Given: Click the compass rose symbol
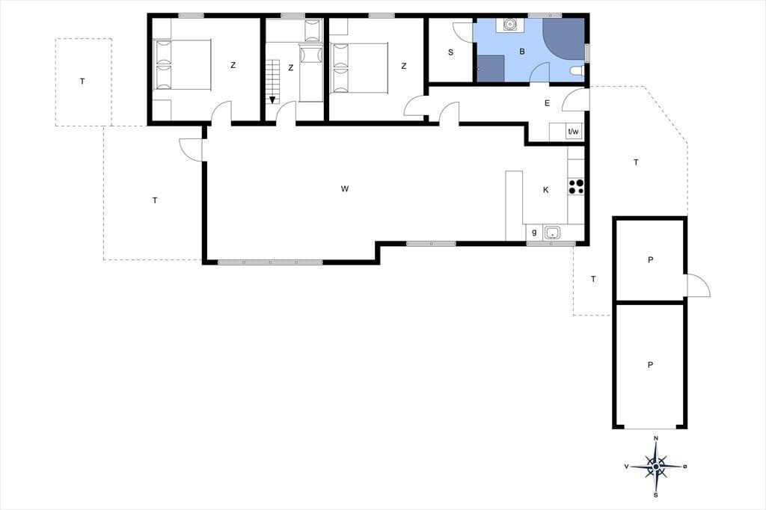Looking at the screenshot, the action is pos(656,467).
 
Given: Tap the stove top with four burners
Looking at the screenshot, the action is pos(576,186).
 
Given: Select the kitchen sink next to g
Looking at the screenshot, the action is pos(552,233).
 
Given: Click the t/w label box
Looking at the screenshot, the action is pos(573,132).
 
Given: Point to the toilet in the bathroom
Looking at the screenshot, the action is pos(577,71).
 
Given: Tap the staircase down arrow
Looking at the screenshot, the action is pos(272,99).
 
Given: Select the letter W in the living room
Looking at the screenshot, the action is pos(345,189).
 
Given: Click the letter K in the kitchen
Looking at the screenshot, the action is pos(545,190).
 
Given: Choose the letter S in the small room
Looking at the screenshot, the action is pos(450,52).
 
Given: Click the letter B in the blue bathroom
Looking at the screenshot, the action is pos(522,52).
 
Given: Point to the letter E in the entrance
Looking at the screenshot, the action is pos(547,103).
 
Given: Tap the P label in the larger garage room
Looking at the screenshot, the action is pos(650,365).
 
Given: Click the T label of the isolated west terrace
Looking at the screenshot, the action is pos(82,82).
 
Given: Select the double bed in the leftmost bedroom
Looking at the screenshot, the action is pos(183,64).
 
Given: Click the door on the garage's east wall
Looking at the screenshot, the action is pos(698,286).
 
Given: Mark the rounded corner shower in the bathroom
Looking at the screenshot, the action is pos(564,39).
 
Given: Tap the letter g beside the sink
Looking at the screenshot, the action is pos(534,233).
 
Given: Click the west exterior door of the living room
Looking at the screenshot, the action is pos(191,150).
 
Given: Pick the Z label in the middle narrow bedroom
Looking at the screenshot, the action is pos(291,68).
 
